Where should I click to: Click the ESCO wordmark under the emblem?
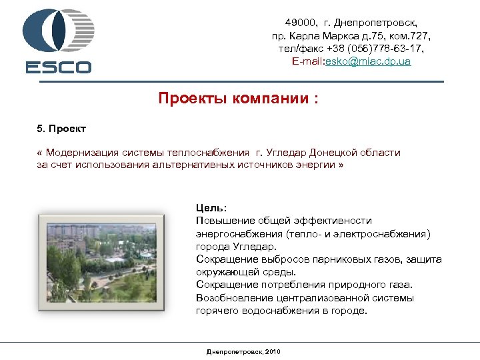(59, 67)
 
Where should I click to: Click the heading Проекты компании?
(238, 99)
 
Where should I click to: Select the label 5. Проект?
(62, 127)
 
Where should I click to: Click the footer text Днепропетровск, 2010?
(244, 351)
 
